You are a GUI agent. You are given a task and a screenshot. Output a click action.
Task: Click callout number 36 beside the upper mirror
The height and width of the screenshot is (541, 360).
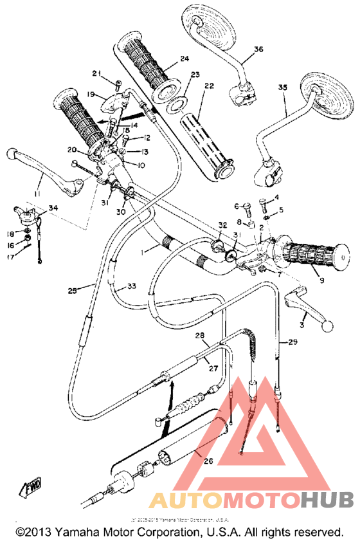click(x=259, y=49)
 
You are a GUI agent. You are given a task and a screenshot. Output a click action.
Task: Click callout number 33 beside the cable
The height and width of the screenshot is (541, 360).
click(x=132, y=286)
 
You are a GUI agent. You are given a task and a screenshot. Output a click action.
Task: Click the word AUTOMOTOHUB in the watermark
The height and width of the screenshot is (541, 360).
click(x=251, y=500)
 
